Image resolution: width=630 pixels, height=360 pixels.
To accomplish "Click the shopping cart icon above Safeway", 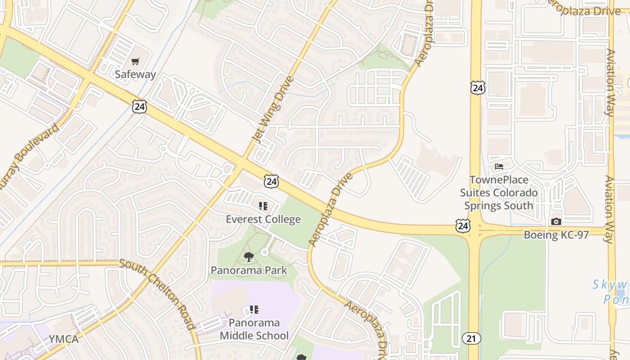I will click(x=135, y=61).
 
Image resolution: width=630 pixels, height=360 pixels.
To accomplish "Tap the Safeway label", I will click(x=135, y=74).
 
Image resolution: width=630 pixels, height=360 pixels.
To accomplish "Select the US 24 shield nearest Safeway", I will click(x=139, y=106).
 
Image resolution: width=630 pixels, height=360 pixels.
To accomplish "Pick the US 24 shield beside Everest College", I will click(x=271, y=181).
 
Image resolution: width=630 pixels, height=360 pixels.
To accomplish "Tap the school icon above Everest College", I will click(x=263, y=206).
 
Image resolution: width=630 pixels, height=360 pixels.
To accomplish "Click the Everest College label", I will click(x=263, y=219).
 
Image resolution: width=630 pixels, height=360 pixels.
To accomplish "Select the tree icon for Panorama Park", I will click(x=248, y=257).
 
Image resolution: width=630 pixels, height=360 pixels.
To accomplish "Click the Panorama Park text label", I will click(x=249, y=270).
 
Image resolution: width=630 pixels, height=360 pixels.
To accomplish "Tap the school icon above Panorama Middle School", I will click(x=254, y=310).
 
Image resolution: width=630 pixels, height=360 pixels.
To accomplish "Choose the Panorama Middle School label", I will click(x=254, y=329).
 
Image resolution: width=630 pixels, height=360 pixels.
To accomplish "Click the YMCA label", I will click(x=63, y=339).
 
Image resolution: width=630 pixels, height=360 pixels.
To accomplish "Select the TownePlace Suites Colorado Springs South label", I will click(x=499, y=193).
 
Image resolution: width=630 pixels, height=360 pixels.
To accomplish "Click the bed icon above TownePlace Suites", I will click(x=499, y=166).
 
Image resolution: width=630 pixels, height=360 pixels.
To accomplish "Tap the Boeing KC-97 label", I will click(x=556, y=235).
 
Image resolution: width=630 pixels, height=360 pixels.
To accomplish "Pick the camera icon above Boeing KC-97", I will click(x=556, y=221).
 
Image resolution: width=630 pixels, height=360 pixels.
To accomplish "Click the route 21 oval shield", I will click(x=471, y=338).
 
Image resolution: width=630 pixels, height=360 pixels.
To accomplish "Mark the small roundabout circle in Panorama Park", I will click(x=265, y=252).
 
